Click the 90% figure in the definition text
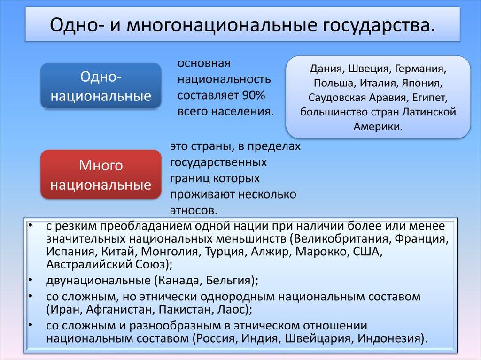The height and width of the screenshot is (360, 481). coord(254,96)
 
